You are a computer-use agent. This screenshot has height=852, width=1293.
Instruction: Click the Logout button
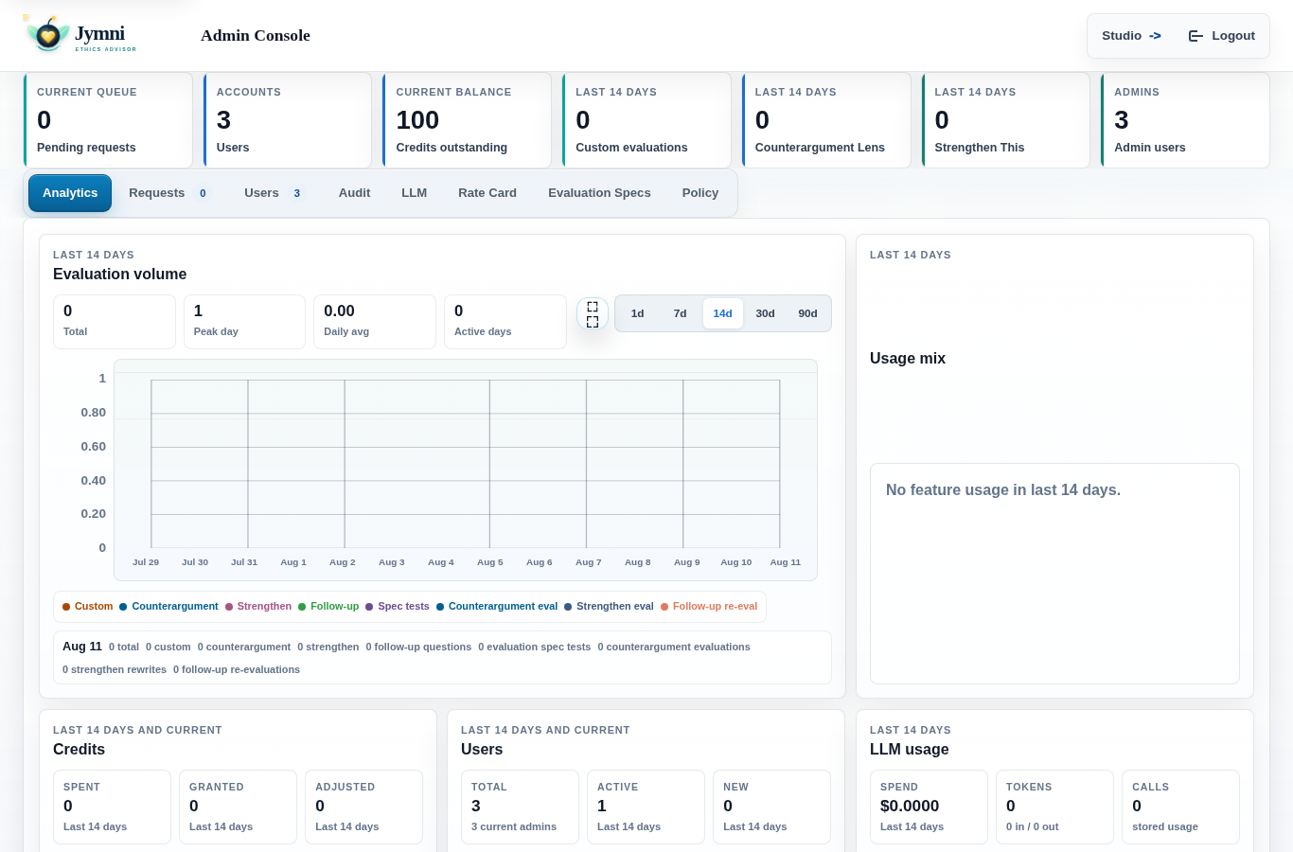1221,36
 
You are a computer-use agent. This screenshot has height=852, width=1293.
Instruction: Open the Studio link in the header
1131,36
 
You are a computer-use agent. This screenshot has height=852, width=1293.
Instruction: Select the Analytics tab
70,193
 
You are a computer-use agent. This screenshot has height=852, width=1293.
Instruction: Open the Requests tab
168,193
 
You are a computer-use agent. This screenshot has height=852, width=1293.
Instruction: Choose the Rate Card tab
487,193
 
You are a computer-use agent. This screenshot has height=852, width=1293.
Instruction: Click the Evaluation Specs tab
599,193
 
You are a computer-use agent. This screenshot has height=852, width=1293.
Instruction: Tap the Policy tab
700,193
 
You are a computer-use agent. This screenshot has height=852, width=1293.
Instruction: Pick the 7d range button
680,313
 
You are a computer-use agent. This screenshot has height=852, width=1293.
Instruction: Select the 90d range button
807,313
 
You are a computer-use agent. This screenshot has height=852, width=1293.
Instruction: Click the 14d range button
722,313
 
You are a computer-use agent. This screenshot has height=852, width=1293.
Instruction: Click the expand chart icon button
593,314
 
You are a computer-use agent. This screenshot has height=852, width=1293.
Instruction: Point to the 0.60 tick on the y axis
94,446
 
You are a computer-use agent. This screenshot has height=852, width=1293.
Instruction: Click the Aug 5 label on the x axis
490,562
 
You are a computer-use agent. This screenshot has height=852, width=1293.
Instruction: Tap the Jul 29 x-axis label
146,562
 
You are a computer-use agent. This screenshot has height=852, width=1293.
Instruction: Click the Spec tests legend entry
398,606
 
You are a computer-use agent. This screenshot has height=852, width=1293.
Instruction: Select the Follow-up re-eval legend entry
709,606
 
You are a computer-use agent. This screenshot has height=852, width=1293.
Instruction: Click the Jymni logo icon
48,35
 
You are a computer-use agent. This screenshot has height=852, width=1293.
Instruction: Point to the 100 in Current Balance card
417,120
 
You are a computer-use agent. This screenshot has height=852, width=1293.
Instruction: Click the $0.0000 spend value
909,806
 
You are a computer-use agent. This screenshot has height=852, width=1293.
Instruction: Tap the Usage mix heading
908,359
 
